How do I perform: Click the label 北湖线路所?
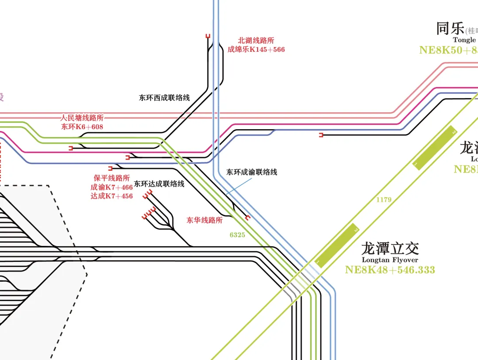coord(256,41)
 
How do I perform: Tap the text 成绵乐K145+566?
coord(256,50)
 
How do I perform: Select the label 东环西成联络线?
coord(164,98)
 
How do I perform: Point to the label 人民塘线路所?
coord(82,118)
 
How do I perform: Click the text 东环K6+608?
coord(82,126)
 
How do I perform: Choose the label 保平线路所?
coord(112,178)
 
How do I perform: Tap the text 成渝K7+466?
coord(112,187)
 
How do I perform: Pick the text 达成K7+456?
coord(112,196)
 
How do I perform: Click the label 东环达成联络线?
coord(159,184)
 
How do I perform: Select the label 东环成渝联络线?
coord(251,172)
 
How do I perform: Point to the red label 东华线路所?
coord(204,220)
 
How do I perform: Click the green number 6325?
coord(237,235)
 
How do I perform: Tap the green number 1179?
coord(384,200)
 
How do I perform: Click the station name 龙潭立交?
coord(389,249)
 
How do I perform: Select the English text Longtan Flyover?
coord(389,260)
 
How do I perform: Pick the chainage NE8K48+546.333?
coord(390,270)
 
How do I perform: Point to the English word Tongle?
coord(464,40)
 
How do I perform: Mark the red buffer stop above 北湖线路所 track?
coord(208,36)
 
